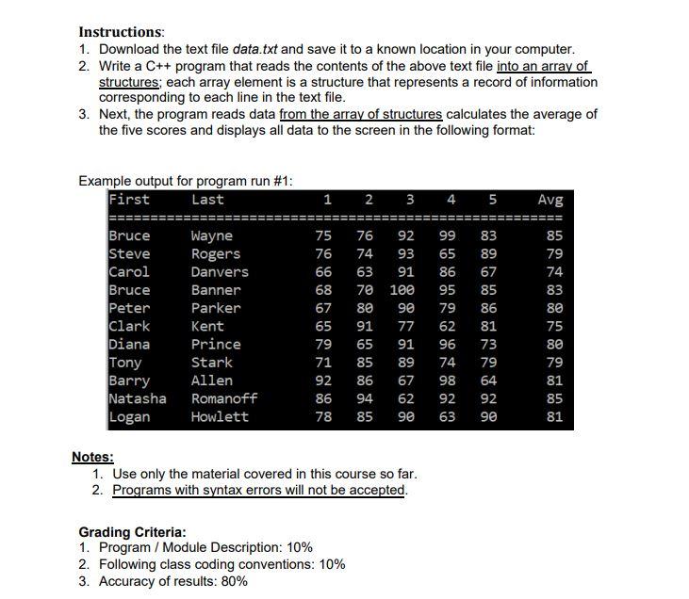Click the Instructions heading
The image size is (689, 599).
point(121,31)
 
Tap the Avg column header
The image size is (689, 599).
point(550,200)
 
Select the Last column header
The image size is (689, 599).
point(207,200)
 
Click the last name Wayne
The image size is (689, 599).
point(212,236)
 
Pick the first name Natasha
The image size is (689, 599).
point(138,398)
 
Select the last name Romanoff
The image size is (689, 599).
point(224,398)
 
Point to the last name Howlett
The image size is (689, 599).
point(221,416)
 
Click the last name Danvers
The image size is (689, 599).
point(220,272)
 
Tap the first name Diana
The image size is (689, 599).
point(129,345)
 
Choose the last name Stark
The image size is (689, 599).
point(212,363)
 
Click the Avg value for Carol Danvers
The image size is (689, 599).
point(554,272)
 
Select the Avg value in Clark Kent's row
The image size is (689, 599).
point(554,326)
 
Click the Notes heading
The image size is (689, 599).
point(92,458)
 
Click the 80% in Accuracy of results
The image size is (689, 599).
point(233,581)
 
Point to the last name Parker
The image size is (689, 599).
point(216,308)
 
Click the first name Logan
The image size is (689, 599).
point(129,416)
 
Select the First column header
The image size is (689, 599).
point(129,200)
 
